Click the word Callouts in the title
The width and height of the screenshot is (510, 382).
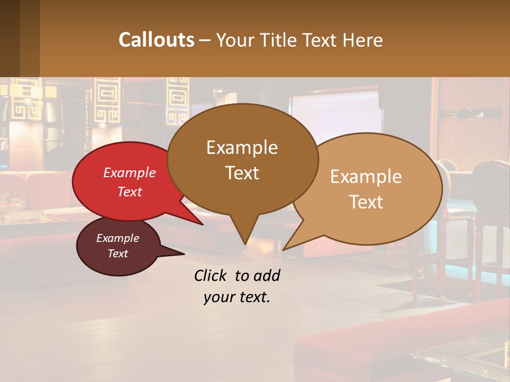(x=156, y=40)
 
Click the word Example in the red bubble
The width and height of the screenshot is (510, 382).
(x=130, y=172)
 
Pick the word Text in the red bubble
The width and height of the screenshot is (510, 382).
(x=130, y=192)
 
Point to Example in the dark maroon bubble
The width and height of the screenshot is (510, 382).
(x=117, y=238)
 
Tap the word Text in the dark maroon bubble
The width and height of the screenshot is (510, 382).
(x=117, y=254)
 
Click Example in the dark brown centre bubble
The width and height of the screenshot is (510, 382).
(x=242, y=147)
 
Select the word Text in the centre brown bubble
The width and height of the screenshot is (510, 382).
(x=242, y=173)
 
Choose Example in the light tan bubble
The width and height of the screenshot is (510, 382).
(x=366, y=177)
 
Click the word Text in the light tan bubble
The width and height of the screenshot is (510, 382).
(x=366, y=202)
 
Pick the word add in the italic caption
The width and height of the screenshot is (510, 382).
(x=267, y=276)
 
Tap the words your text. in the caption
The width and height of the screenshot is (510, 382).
(x=237, y=298)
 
